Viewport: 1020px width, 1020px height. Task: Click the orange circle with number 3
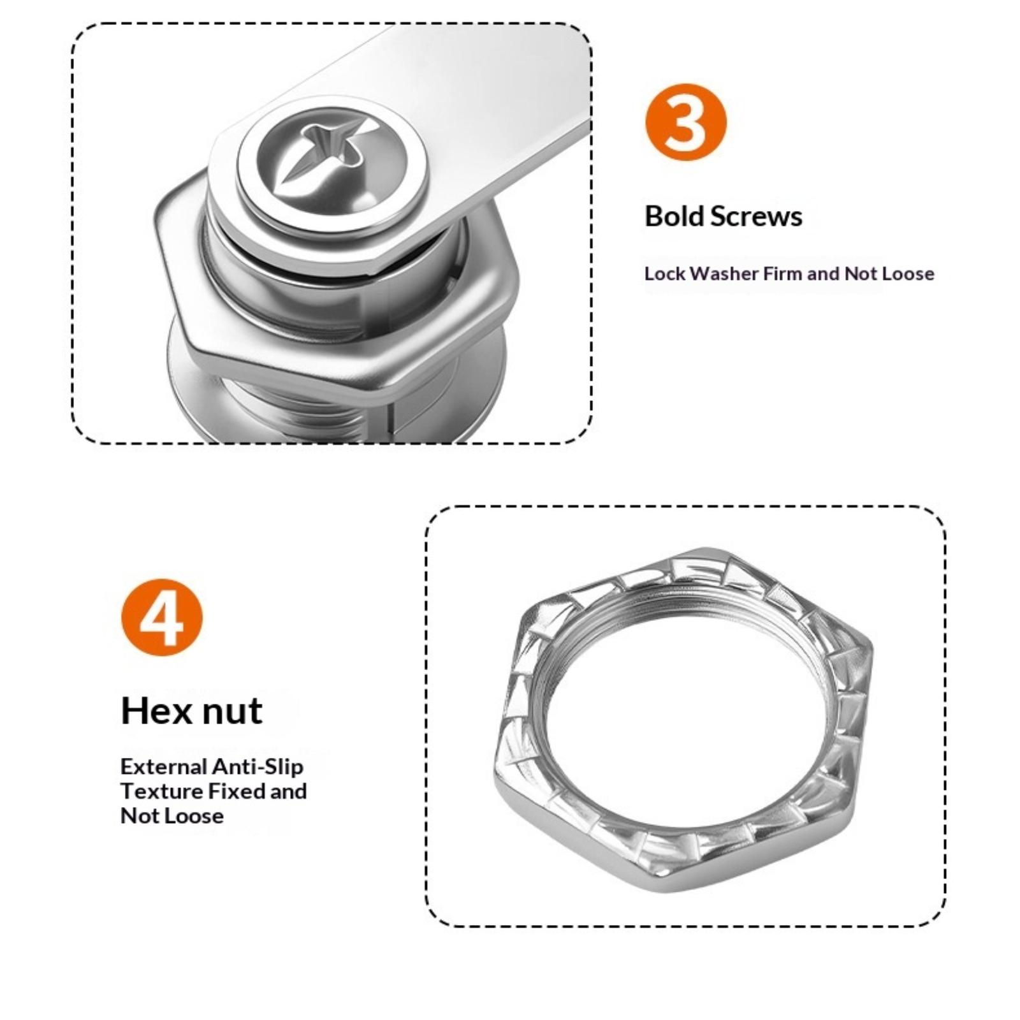pos(686,122)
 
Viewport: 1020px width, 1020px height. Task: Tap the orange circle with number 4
pos(161,616)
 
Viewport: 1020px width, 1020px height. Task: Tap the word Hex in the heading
pos(155,710)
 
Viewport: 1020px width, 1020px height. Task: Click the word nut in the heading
pos(231,711)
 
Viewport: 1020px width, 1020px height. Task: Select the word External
pos(164,766)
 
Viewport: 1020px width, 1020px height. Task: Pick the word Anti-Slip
pos(258,766)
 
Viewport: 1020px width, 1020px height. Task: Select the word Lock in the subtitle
pos(664,273)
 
